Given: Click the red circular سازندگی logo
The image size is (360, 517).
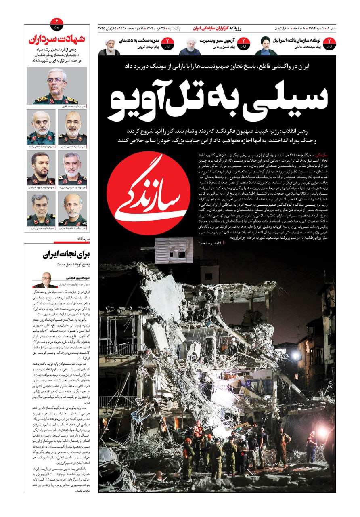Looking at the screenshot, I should point(149,194).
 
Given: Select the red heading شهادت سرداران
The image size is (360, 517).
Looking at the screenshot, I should point(57,40).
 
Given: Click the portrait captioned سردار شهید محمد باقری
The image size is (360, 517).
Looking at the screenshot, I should point(57,86).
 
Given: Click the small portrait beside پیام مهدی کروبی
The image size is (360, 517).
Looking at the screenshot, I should point(109,47).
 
